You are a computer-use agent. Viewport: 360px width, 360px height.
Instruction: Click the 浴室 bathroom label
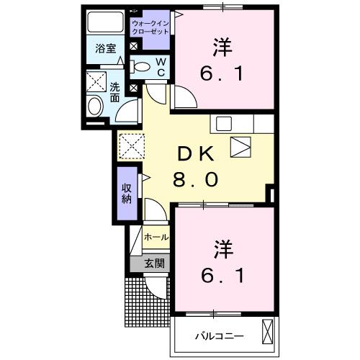pos(107,49)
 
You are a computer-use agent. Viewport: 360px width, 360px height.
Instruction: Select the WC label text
pos(161,67)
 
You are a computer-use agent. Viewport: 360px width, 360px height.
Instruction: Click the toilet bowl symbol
pos(143,68)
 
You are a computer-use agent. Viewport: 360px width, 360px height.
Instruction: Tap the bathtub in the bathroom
pos(106,22)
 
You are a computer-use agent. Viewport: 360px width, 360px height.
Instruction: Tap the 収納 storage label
pos(127,192)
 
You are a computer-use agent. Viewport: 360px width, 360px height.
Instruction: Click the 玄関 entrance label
pos(154,264)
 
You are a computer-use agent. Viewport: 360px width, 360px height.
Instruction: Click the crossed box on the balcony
pos(268,332)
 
